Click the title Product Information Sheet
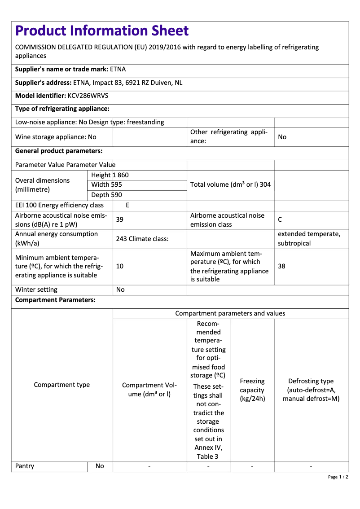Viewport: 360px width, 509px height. point(102,31)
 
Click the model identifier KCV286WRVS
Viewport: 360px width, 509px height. point(88,96)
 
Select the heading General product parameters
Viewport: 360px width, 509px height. point(59,151)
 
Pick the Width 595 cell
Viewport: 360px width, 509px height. point(106,184)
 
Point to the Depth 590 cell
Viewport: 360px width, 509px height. point(106,195)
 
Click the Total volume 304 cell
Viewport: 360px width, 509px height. point(230,184)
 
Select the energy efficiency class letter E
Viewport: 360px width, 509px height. point(127,205)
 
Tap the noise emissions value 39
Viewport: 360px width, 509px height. point(120,219)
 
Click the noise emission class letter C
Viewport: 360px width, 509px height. point(280,219)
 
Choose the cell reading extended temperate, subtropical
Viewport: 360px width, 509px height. point(309,238)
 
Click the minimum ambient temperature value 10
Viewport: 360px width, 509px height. point(120,266)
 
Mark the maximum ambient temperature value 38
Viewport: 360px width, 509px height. point(281,266)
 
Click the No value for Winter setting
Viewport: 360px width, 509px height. point(120,290)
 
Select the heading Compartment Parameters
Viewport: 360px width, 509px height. point(55,300)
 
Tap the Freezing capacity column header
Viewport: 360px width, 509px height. point(252,390)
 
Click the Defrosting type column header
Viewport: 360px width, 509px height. point(311,390)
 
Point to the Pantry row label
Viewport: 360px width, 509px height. point(25,466)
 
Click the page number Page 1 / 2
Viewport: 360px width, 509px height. point(338,477)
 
